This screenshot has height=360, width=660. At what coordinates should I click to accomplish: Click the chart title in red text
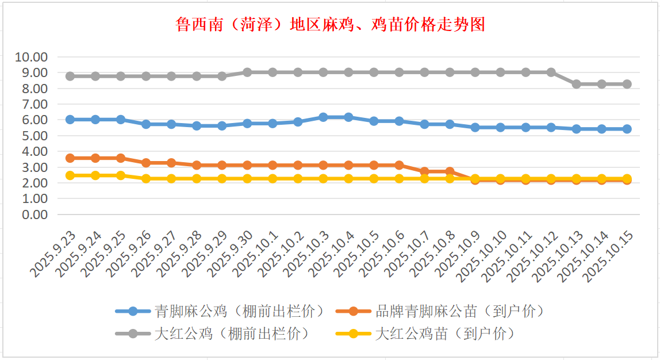click(330, 25)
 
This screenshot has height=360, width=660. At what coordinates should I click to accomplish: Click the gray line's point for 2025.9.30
click(247, 72)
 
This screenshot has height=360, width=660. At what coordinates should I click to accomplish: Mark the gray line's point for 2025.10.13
click(576, 84)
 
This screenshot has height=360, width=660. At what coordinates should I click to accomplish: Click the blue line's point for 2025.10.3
click(323, 117)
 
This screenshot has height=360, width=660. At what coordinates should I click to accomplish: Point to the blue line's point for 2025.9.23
click(70, 120)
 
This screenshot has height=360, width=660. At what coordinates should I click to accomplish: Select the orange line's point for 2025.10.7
click(424, 171)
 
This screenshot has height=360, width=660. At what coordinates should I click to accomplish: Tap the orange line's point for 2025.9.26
click(146, 163)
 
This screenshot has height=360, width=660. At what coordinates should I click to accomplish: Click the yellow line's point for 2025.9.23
click(70, 175)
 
